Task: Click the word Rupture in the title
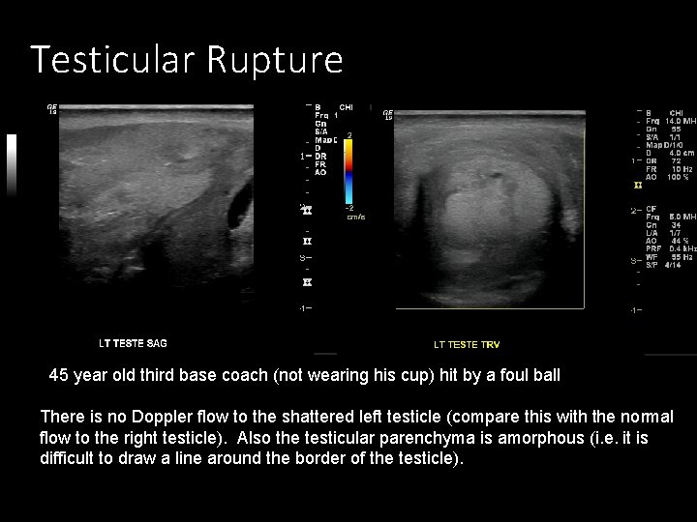(x=274, y=60)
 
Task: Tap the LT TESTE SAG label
(x=133, y=343)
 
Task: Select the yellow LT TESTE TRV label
(x=467, y=344)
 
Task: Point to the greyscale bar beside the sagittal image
(x=12, y=164)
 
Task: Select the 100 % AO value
(x=678, y=177)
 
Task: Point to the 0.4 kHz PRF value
(x=682, y=247)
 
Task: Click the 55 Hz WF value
(x=680, y=256)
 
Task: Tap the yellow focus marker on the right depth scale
(x=636, y=184)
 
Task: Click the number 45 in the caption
(x=58, y=375)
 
